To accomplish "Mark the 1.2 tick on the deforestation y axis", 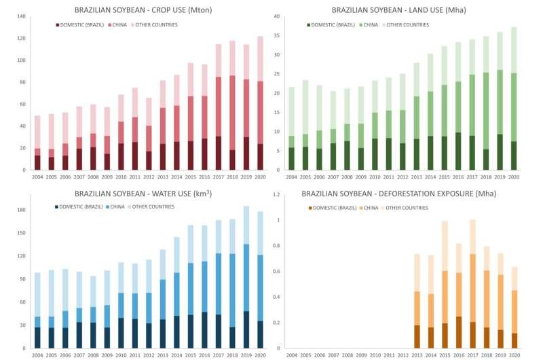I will [276, 195].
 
